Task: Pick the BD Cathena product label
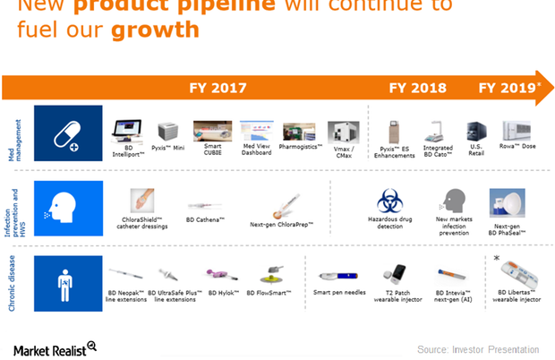click(x=205, y=218)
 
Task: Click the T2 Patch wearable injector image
click(x=394, y=273)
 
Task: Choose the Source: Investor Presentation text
click(x=478, y=348)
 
